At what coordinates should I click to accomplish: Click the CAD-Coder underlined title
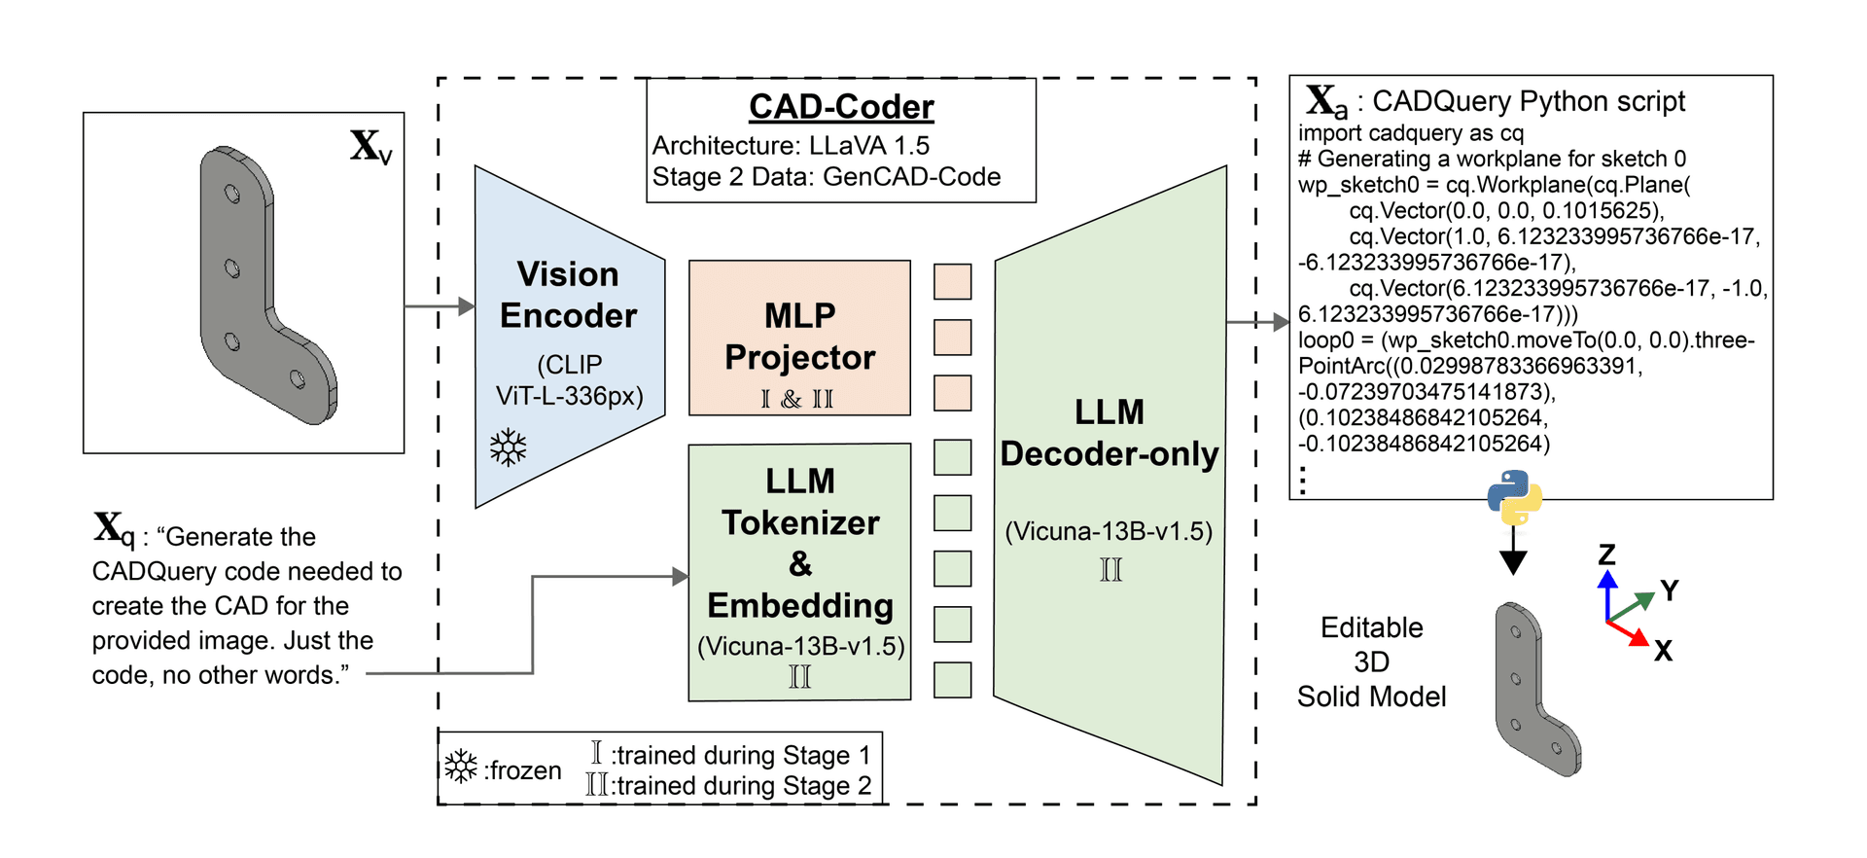tap(841, 107)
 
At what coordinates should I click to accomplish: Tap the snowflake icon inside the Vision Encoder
tap(508, 447)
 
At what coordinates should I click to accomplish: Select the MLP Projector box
tap(799, 338)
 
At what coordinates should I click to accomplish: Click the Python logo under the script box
tap(1514, 497)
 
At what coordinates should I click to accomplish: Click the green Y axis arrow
tap(1634, 605)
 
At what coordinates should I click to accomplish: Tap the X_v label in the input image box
tap(370, 147)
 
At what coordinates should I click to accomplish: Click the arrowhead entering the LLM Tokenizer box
tap(681, 577)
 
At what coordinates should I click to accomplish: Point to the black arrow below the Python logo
tap(1513, 554)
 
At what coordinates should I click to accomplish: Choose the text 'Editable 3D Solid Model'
tap(1371, 662)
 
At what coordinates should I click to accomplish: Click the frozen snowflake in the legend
tap(461, 767)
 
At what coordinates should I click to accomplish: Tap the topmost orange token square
tap(952, 282)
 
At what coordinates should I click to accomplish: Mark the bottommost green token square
tap(952, 680)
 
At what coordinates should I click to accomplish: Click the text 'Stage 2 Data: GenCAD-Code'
tap(826, 177)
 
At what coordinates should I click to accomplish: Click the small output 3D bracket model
tap(1535, 690)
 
